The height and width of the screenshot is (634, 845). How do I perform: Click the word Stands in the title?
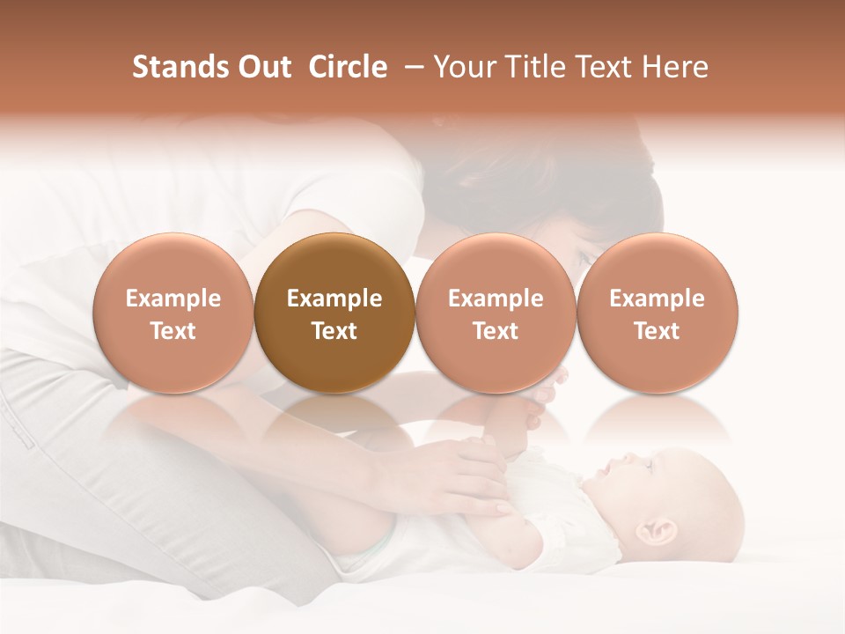click(180, 67)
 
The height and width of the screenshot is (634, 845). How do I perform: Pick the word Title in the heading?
click(530, 67)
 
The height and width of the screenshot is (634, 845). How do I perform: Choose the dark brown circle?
click(334, 313)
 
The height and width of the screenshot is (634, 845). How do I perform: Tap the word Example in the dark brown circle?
click(334, 299)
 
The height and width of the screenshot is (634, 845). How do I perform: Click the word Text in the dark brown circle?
click(334, 331)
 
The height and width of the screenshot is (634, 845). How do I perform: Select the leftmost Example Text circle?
click(173, 313)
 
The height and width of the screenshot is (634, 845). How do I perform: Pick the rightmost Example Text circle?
click(657, 313)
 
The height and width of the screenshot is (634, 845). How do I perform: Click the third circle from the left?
click(495, 313)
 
